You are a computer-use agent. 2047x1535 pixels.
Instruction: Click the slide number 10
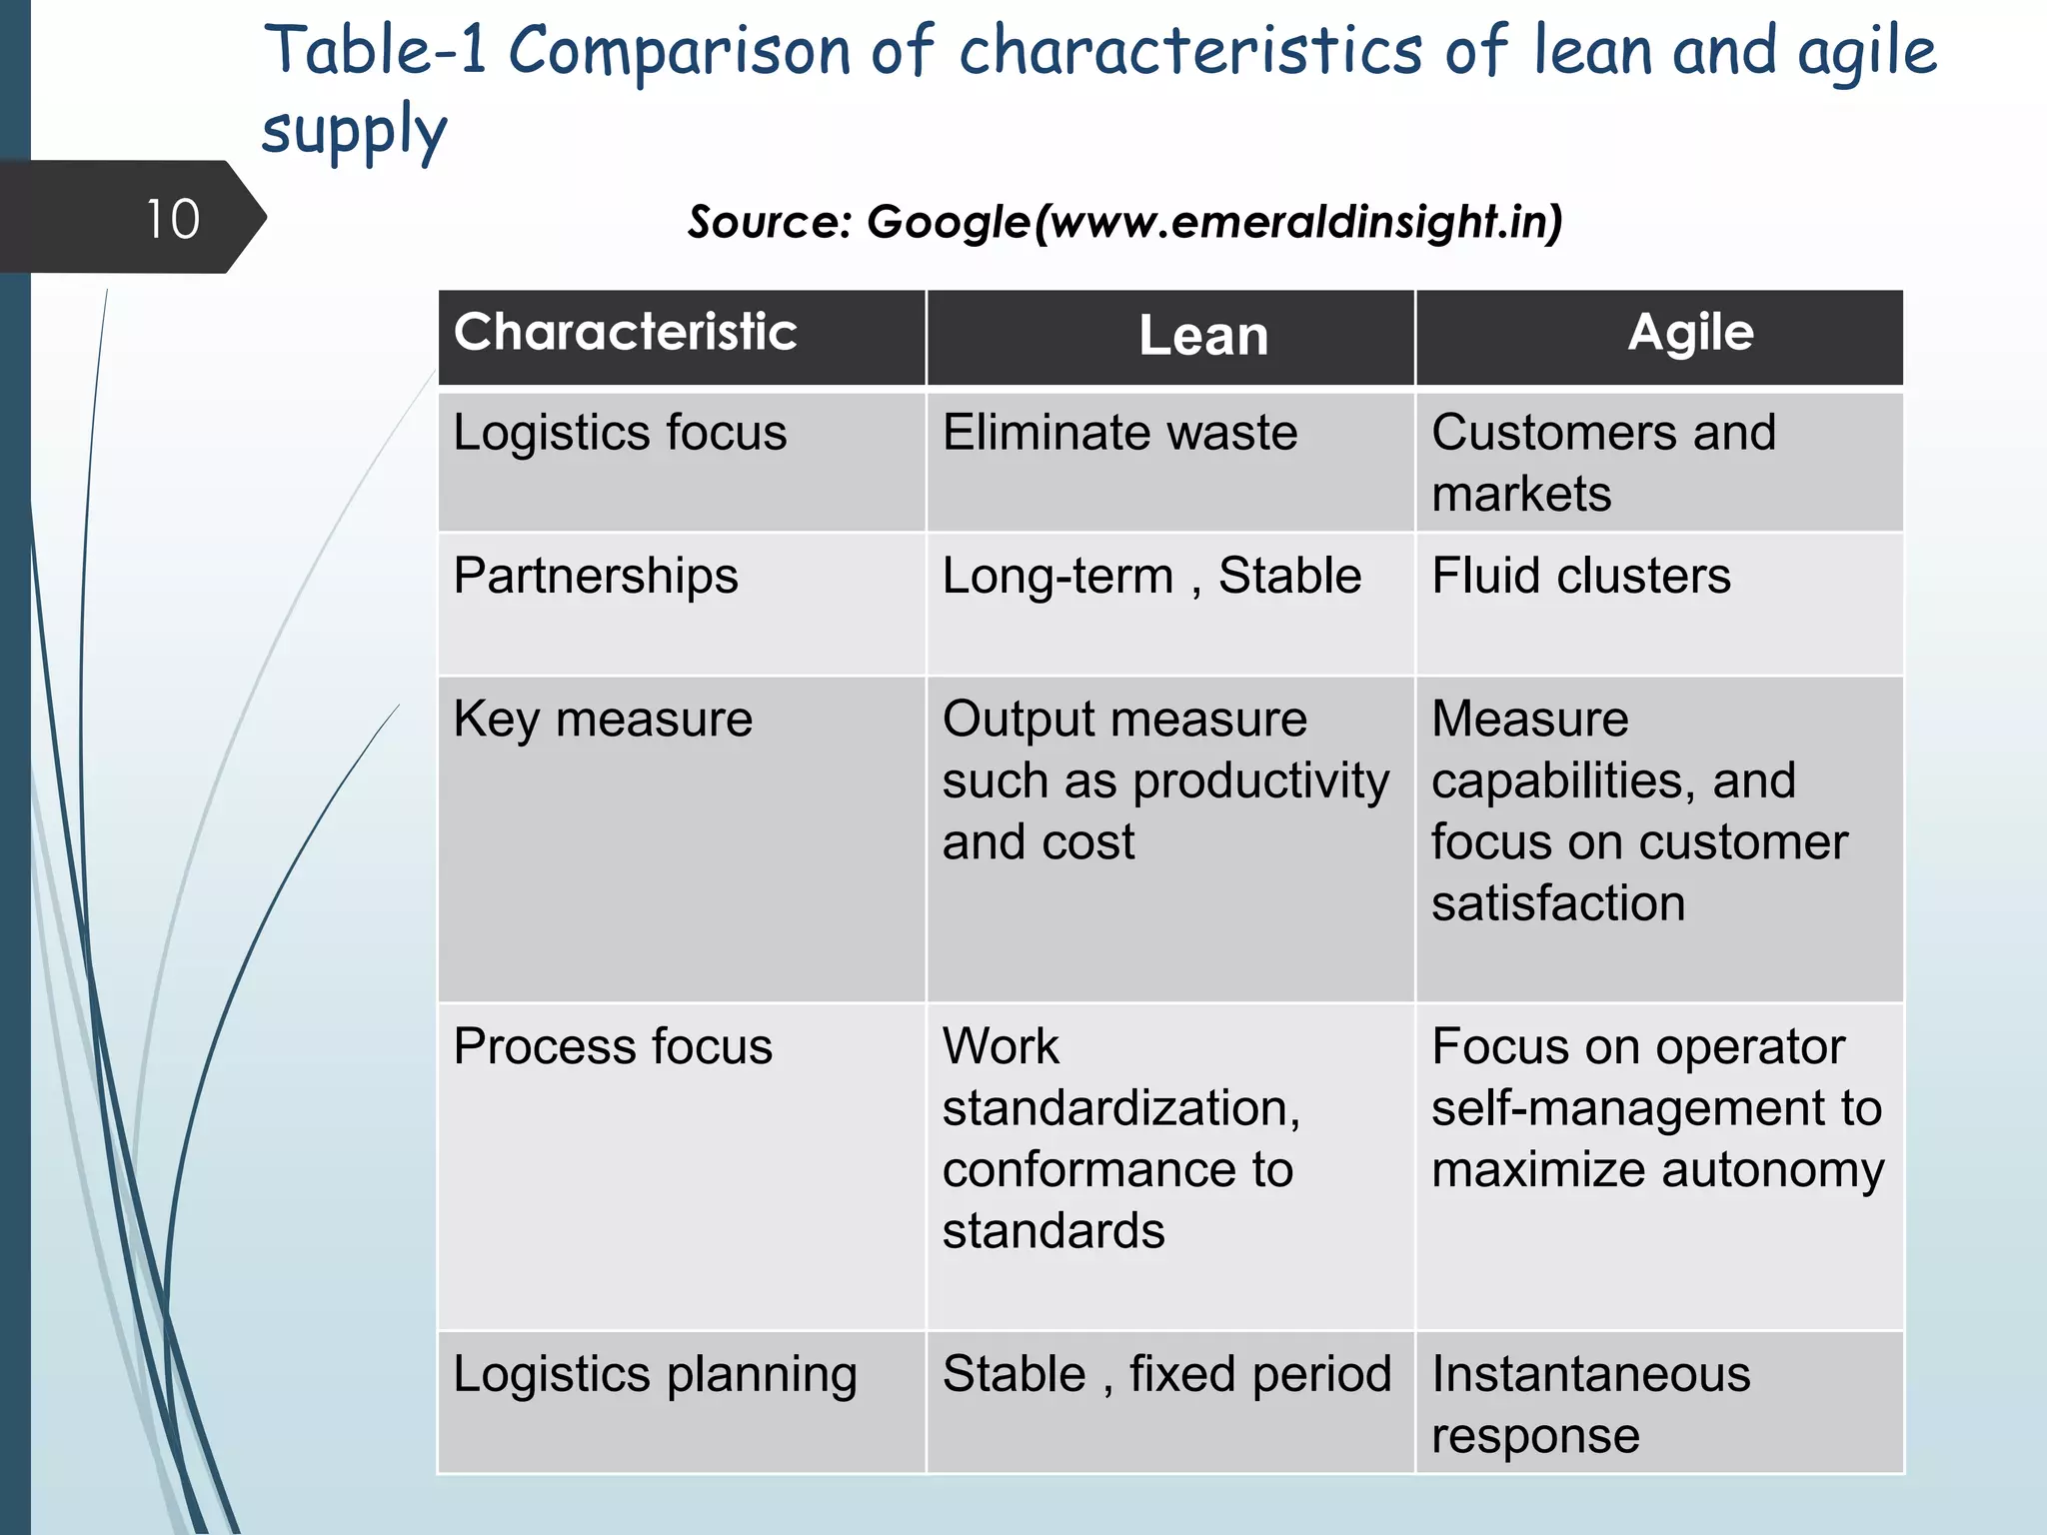173,219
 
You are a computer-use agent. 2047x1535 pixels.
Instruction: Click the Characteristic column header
625,332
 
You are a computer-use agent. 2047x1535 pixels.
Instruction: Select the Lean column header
1203,336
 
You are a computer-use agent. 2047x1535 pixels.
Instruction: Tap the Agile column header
1690,332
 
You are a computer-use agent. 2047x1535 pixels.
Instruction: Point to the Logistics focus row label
620,433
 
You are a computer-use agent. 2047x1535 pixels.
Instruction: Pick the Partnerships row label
596,577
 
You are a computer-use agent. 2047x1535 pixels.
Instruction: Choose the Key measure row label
603,720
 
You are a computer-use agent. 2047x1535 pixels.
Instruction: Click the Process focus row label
613,1047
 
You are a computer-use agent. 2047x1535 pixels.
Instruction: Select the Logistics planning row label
655,1375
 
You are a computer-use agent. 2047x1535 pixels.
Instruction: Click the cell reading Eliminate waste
1119,433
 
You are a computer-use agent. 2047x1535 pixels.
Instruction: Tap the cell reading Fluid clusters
1580,577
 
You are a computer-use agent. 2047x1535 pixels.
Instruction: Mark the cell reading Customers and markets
1603,463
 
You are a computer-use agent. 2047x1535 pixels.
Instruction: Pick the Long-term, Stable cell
1151,577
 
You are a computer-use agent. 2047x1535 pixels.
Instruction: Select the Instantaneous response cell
1590,1404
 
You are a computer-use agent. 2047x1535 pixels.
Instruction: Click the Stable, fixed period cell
1166,1375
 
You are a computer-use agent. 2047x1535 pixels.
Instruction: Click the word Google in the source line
948,222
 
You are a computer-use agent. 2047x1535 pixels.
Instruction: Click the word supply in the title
354,131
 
